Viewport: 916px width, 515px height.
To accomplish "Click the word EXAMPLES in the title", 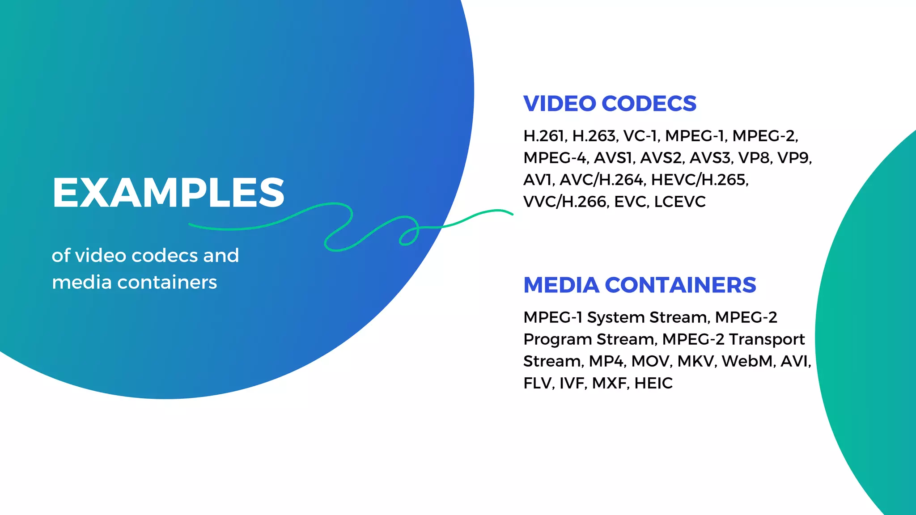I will coord(168,193).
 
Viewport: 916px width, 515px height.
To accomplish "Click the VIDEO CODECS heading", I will coord(610,104).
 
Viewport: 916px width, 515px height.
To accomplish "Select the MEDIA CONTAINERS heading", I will coord(640,285).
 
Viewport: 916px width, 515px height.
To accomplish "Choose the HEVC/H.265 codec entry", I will coord(700,180).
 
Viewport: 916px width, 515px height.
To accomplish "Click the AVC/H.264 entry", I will coord(602,180).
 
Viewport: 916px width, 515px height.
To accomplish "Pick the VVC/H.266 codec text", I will coord(565,202).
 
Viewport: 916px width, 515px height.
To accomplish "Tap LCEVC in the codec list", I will coord(680,202).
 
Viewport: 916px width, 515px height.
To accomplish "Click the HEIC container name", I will coord(653,383).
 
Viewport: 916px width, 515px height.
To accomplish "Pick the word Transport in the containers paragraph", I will coord(767,339).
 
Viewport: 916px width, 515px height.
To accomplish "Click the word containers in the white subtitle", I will coord(167,283).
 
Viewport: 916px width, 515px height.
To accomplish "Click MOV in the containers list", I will coord(651,361).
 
